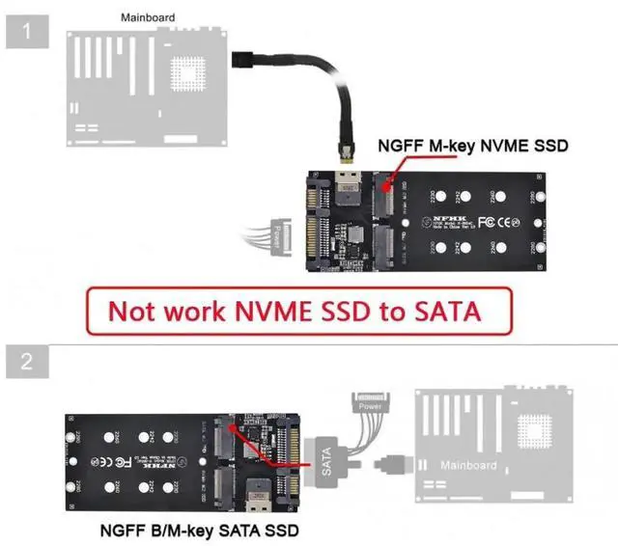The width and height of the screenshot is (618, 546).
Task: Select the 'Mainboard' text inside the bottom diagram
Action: click(x=468, y=466)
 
